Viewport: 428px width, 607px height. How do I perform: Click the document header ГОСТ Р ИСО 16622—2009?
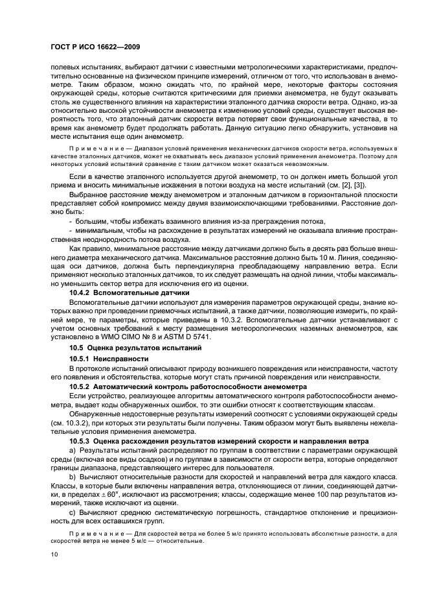95,47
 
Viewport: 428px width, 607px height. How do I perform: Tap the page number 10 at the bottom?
55,554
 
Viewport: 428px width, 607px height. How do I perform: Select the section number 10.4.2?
80,293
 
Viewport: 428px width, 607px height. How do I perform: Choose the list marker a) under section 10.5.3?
73,449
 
